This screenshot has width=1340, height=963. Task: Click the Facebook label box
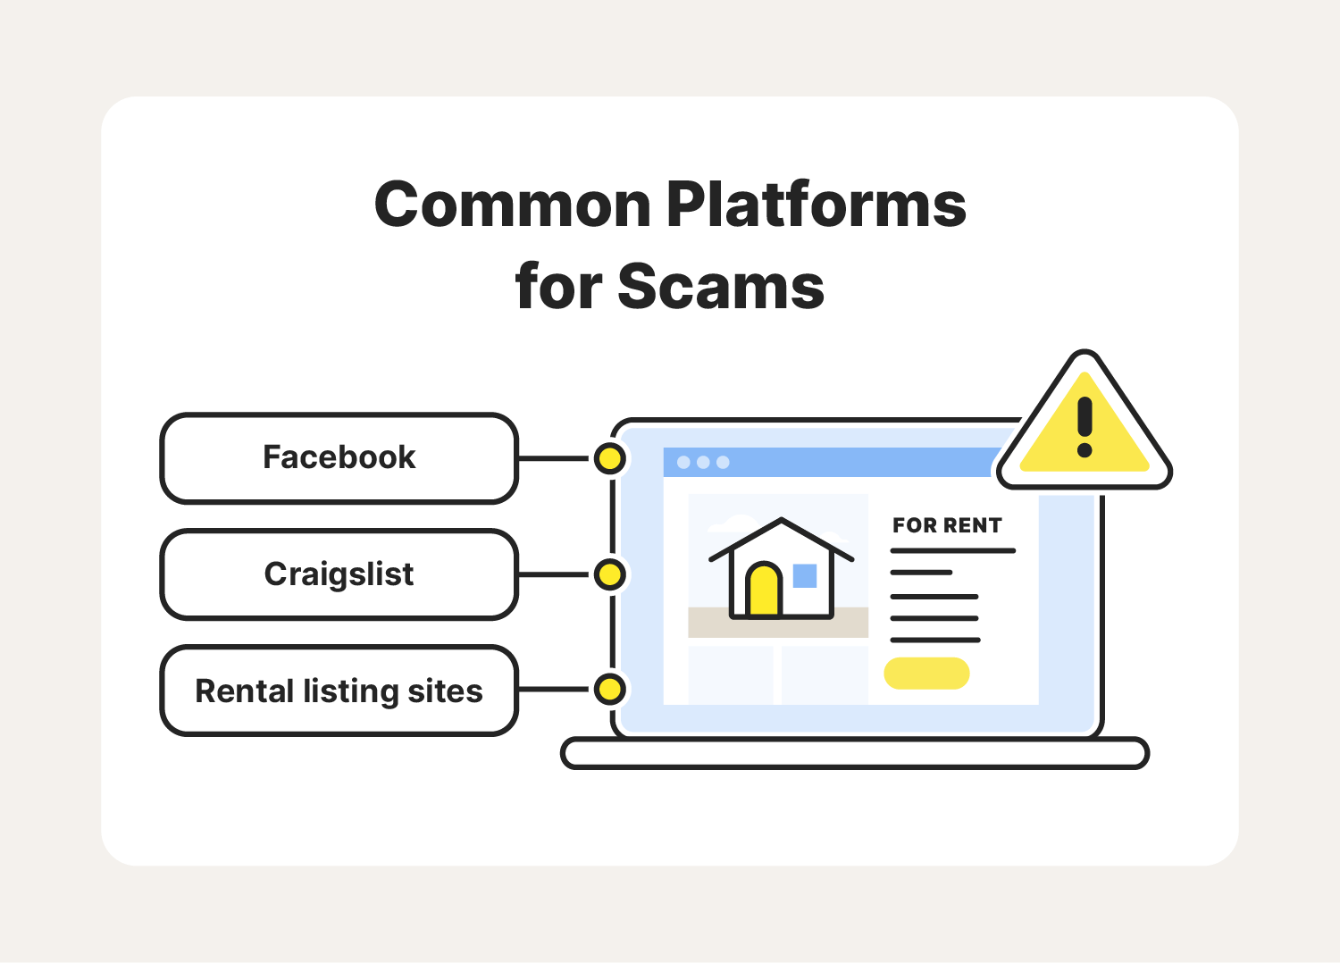pyautogui.click(x=339, y=458)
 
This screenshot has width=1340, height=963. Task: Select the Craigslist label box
pyautogui.click(x=339, y=574)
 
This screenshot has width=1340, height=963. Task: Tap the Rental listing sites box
pyautogui.click(x=339, y=691)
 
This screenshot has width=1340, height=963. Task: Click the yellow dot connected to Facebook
pyautogui.click(x=610, y=458)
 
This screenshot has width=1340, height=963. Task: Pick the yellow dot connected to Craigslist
pyautogui.click(x=610, y=574)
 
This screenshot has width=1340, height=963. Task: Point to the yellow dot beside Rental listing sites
pyautogui.click(x=610, y=690)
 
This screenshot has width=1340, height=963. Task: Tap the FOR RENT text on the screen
pyautogui.click(x=947, y=525)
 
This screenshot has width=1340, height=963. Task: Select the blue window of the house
pyautogui.click(x=805, y=575)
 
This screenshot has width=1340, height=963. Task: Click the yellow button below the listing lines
pyautogui.click(x=926, y=674)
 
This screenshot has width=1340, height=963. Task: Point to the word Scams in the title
pyautogui.click(x=720, y=288)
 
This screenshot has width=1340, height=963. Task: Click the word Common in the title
pyautogui.click(x=513, y=205)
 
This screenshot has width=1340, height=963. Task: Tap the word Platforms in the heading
pyautogui.click(x=816, y=205)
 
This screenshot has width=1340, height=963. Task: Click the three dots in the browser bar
pyautogui.click(x=703, y=462)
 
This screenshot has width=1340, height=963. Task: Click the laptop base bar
pyautogui.click(x=854, y=753)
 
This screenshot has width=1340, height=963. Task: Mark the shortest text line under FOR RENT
pyautogui.click(x=921, y=573)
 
